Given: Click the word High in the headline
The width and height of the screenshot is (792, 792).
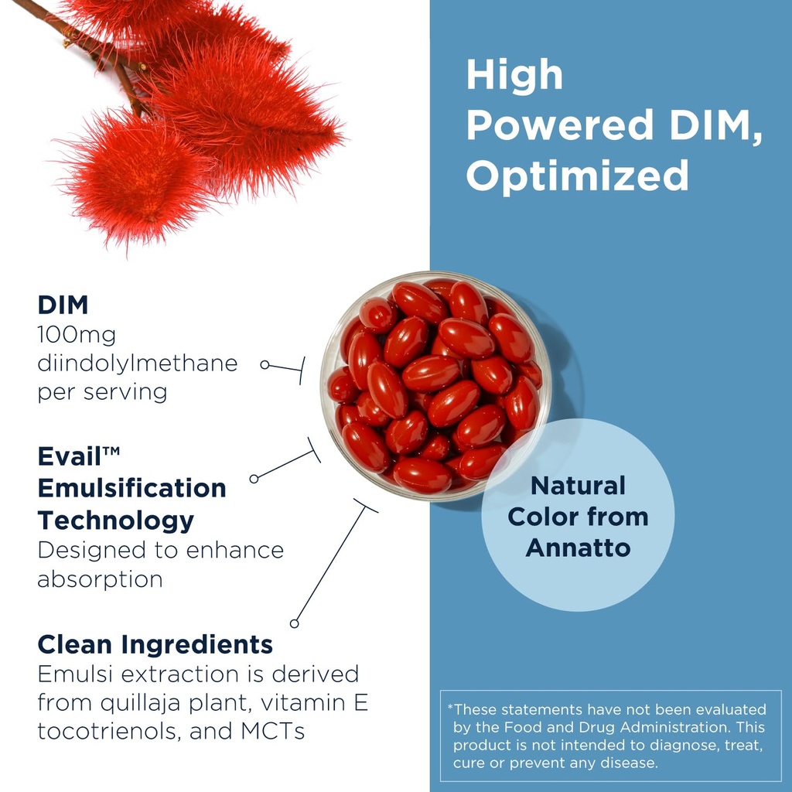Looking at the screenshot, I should click(x=514, y=75).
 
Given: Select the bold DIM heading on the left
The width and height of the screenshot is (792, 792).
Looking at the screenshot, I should click(x=63, y=305).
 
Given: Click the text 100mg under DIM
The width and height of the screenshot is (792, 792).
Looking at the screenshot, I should click(x=77, y=335).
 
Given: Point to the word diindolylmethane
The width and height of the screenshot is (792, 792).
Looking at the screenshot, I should click(x=138, y=363).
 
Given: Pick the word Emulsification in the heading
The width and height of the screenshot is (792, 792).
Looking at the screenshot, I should click(x=132, y=488).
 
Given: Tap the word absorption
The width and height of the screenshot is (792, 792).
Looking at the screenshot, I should click(x=100, y=579).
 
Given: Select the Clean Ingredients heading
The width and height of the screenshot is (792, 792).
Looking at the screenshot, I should click(x=155, y=643).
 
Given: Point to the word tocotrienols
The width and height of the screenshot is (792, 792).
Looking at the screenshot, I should click(x=108, y=731).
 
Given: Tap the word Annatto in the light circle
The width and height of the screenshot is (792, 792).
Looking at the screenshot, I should click(x=578, y=548).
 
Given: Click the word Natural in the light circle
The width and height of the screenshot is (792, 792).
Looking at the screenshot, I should click(x=578, y=486).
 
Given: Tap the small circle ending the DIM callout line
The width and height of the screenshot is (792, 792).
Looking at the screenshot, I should click(x=265, y=364).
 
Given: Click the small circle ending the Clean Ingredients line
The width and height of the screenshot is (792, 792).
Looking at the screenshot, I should click(x=294, y=623).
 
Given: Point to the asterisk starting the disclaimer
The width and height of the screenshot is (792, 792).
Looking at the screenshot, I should click(x=450, y=707).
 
